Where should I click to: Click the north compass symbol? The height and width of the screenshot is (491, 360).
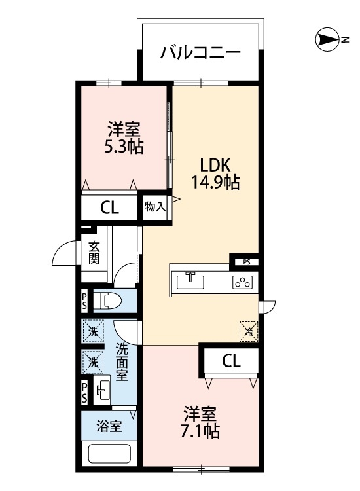[327, 39]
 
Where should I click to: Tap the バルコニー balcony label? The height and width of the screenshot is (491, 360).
[200, 52]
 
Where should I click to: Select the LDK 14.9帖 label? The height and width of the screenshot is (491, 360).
[215, 174]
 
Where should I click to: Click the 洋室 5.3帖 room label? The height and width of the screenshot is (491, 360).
[124, 137]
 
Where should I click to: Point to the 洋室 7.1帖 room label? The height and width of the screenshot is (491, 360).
[200, 422]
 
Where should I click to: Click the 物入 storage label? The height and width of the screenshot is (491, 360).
[155, 207]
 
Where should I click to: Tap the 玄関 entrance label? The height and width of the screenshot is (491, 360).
[94, 253]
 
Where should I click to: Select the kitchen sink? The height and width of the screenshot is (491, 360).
[190, 282]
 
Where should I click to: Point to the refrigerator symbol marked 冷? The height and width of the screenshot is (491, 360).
[249, 332]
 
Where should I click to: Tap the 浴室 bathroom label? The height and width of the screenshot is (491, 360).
[109, 426]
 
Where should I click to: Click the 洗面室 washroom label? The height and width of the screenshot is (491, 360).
[122, 362]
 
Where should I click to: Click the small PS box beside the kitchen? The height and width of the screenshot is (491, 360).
[247, 263]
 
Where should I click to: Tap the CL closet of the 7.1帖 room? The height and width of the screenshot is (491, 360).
[231, 361]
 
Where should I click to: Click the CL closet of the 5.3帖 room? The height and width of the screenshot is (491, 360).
[109, 208]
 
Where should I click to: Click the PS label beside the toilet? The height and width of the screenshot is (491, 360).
[84, 302]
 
